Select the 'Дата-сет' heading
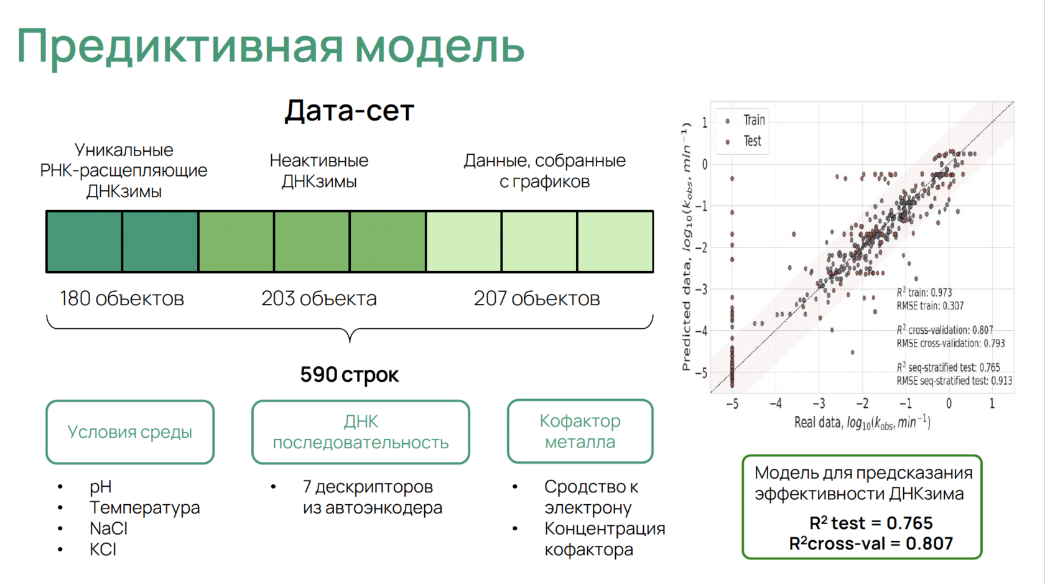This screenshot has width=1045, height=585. pyautogui.click(x=350, y=111)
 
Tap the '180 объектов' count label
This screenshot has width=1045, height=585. pyautogui.click(x=122, y=298)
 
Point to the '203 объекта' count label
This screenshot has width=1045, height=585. pyautogui.click(x=319, y=298)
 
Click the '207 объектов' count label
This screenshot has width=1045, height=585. pyautogui.click(x=537, y=298)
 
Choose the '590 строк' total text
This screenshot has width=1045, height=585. pyautogui.click(x=350, y=374)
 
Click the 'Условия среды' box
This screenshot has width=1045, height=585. pyautogui.click(x=130, y=432)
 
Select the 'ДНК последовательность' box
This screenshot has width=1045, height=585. pyautogui.click(x=361, y=432)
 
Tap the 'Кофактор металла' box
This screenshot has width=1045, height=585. pyautogui.click(x=580, y=431)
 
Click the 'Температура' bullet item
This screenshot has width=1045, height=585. pyautogui.click(x=144, y=508)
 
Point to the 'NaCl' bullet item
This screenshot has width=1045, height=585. pyautogui.click(x=108, y=528)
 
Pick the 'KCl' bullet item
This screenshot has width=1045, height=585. pyautogui.click(x=103, y=550)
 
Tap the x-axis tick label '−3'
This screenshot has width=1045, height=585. pyautogui.click(x=819, y=403)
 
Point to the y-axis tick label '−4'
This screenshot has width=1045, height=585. pyautogui.click(x=701, y=331)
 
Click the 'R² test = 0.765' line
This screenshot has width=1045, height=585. pyautogui.click(x=871, y=523)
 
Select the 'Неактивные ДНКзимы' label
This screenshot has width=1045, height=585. pyautogui.click(x=319, y=170)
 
